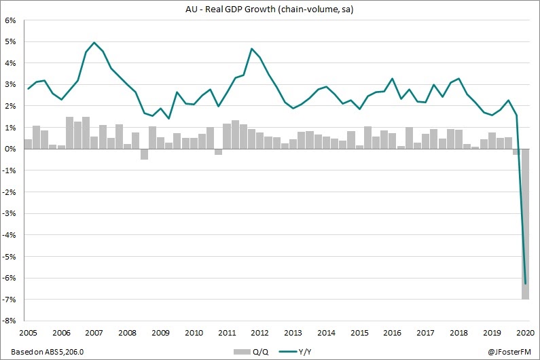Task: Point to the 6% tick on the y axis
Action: point(12,20)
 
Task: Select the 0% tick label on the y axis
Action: point(12,149)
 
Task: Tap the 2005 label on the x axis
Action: point(27,334)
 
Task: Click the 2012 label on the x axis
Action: point(260,334)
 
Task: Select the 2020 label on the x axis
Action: point(524,334)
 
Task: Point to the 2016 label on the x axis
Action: point(393,334)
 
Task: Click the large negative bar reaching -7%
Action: point(526,224)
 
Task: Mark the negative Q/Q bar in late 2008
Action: point(144,154)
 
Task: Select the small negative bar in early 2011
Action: point(219,152)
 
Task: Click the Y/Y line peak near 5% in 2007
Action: point(94,42)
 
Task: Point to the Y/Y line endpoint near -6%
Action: point(526,283)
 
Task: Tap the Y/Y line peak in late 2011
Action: point(252,49)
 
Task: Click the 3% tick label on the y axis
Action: point(12,85)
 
